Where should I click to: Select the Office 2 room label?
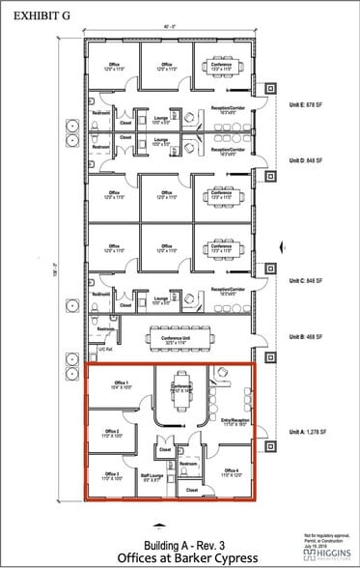pyautogui.click(x=111, y=433)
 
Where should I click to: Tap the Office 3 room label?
pyautogui.click(x=111, y=475)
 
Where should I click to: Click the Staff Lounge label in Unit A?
pyautogui.click(x=152, y=476)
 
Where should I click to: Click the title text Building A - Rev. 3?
pyautogui.click(x=178, y=544)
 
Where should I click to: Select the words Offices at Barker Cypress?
pyautogui.click(x=178, y=558)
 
